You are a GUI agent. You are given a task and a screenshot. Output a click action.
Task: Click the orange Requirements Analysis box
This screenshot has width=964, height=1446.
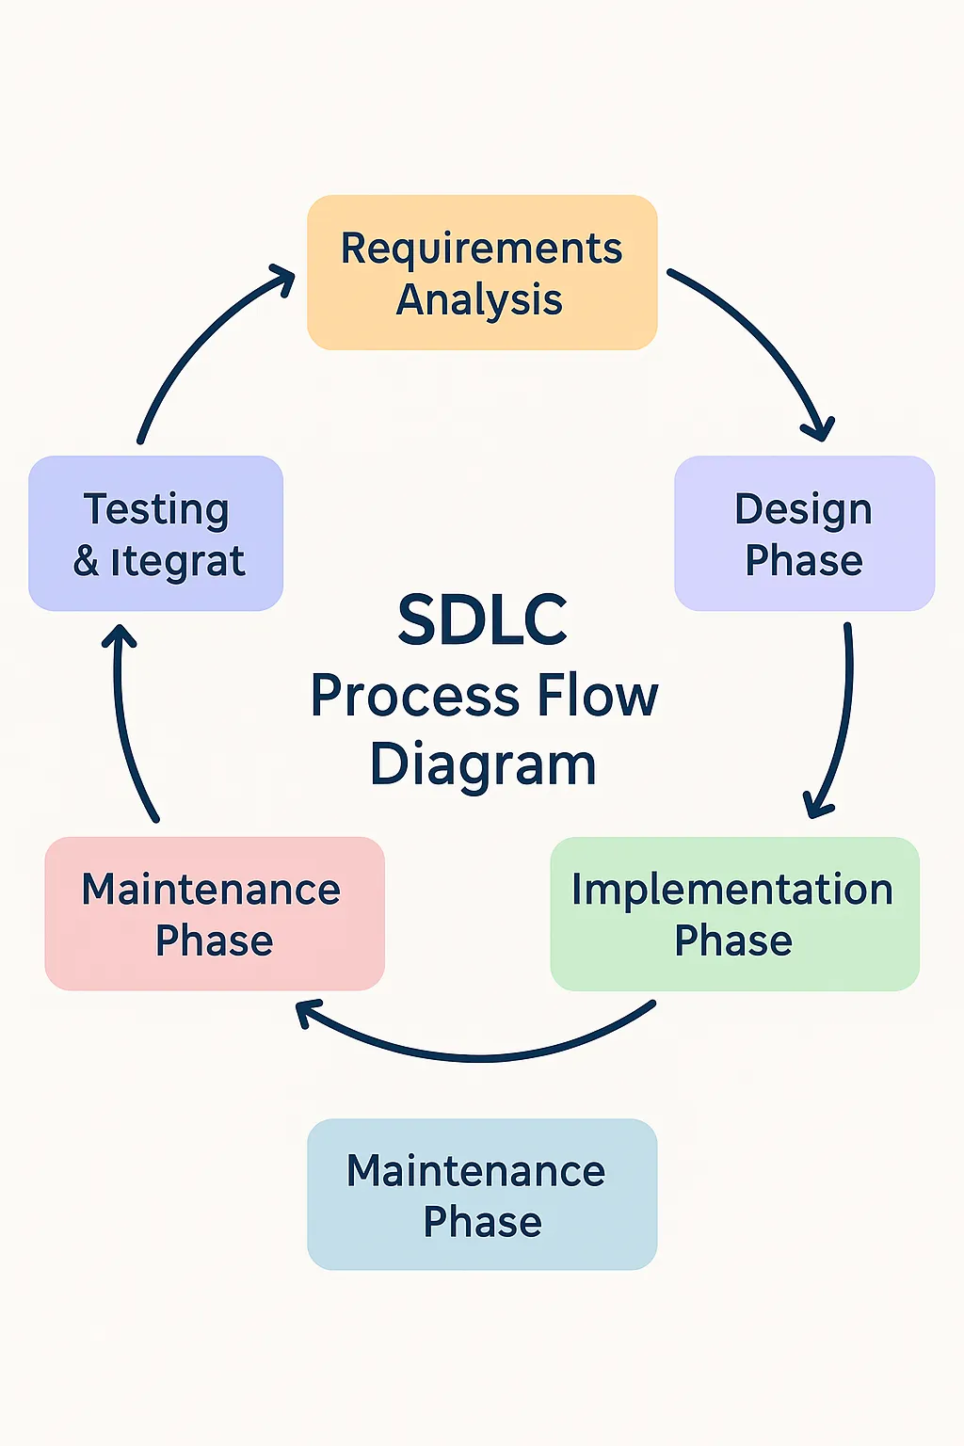[x=482, y=273]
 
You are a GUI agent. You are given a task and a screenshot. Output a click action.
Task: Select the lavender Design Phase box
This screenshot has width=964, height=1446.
[x=804, y=534]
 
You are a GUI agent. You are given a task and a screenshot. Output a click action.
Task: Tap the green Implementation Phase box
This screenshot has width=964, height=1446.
[x=734, y=913]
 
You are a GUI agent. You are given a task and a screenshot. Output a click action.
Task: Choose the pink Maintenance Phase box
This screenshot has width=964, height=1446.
[x=215, y=913]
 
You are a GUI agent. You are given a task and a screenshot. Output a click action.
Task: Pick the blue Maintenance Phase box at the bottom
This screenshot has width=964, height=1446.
[x=482, y=1194]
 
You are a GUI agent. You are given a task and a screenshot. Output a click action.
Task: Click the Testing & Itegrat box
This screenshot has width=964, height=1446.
[x=156, y=534]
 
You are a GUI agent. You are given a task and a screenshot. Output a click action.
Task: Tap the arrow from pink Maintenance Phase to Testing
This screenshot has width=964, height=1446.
[x=124, y=725]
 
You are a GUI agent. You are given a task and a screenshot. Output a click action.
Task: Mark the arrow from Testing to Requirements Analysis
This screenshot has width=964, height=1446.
[x=202, y=344]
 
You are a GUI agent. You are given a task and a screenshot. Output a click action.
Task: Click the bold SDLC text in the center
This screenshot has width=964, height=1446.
[x=482, y=621]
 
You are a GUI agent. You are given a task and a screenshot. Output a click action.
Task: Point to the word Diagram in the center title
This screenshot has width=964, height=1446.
[x=482, y=764]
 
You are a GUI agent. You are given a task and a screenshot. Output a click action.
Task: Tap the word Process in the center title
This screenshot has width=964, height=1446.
[x=416, y=698]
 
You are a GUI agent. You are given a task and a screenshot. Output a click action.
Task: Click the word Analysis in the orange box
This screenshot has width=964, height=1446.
[x=479, y=300]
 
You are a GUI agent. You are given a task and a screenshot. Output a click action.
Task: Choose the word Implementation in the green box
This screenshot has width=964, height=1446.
[x=732, y=890]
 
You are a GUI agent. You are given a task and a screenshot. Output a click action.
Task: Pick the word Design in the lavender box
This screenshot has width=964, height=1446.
[x=803, y=510]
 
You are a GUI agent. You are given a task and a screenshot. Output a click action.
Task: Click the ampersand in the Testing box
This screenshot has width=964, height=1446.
[x=87, y=561]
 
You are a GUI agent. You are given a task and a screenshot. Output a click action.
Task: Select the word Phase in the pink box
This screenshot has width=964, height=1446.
[x=215, y=940]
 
